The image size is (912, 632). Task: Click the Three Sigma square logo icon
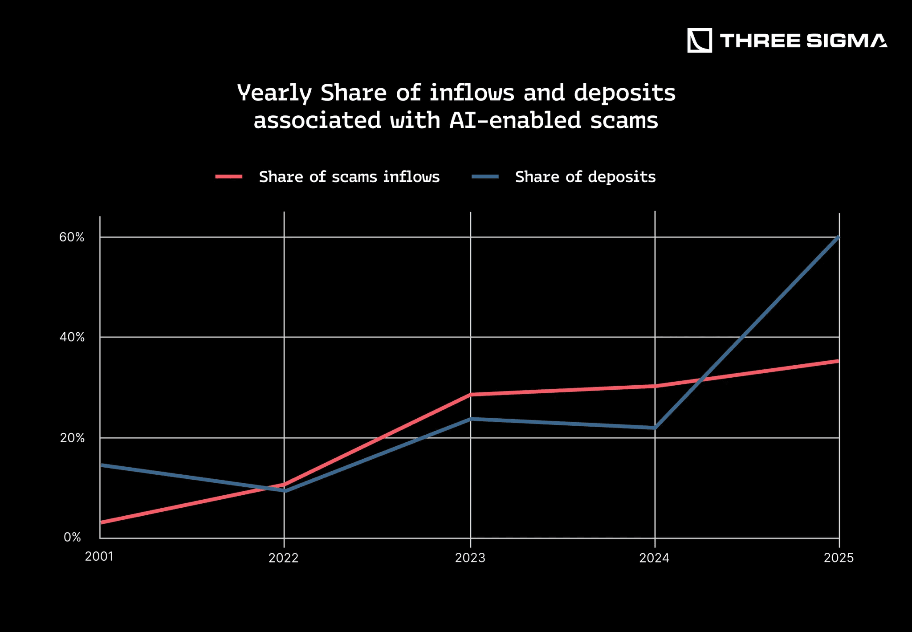pyautogui.click(x=699, y=41)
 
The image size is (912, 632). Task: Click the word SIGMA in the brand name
pyautogui.click(x=846, y=41)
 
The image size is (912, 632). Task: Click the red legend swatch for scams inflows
pyautogui.click(x=229, y=177)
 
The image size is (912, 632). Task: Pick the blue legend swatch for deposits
pyautogui.click(x=485, y=177)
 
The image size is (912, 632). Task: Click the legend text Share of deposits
pyautogui.click(x=585, y=177)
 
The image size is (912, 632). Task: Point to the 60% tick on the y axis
pyautogui.click(x=72, y=237)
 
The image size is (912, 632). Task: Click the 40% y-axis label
pyautogui.click(x=72, y=337)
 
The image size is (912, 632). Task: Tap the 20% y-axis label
pyautogui.click(x=72, y=438)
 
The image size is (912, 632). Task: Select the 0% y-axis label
pyautogui.click(x=72, y=537)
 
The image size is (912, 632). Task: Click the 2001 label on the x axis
pyautogui.click(x=99, y=557)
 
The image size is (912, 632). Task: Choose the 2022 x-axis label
pyautogui.click(x=284, y=558)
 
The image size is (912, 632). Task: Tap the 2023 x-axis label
pyautogui.click(x=470, y=558)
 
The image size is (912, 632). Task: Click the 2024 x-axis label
pyautogui.click(x=655, y=558)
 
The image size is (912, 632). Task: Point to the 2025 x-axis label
pyautogui.click(x=839, y=558)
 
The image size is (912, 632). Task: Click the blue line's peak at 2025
pyautogui.click(x=839, y=237)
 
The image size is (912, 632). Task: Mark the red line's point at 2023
pyautogui.click(x=471, y=394)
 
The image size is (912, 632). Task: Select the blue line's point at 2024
pyautogui.click(x=655, y=428)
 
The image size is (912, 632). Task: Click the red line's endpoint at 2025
pyautogui.click(x=838, y=361)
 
